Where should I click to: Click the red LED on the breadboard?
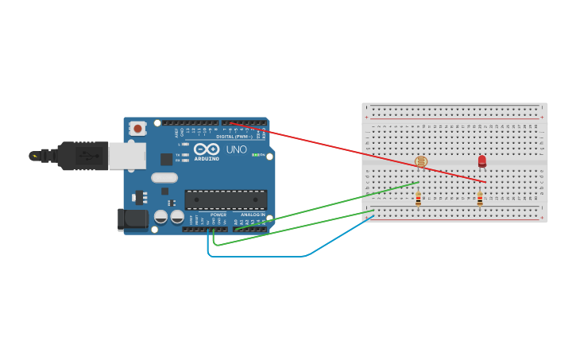[482, 161]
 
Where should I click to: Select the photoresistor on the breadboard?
[421, 162]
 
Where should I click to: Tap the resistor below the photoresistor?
[418, 199]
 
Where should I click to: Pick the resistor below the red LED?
[480, 199]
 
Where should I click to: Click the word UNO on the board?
[236, 149]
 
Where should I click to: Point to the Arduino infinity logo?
[207, 149]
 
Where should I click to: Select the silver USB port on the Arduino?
[127, 156]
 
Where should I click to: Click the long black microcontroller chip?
[226, 199]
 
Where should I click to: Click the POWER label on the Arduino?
[218, 215]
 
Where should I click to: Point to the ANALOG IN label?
[253, 215]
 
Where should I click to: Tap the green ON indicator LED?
[254, 154]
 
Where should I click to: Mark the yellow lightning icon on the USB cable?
[34, 156]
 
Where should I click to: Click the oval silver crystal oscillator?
[164, 178]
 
